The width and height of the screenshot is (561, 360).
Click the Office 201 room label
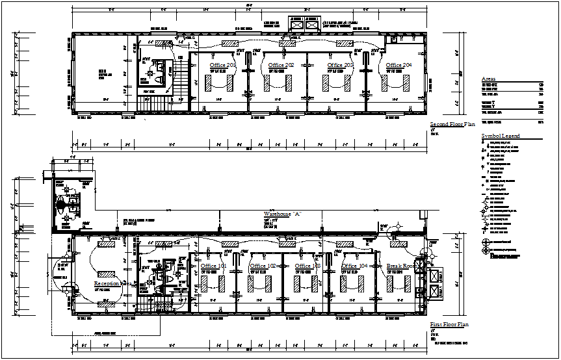coord(223,66)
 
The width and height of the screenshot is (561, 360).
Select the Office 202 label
coord(281,66)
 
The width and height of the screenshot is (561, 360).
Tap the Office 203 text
coord(340,66)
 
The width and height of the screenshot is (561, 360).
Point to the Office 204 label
coord(398,66)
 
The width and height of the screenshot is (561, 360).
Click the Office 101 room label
coord(214,266)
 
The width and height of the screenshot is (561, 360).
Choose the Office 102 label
coord(263,266)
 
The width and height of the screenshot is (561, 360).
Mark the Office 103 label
coord(307,266)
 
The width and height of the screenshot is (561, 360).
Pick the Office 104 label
coord(354,266)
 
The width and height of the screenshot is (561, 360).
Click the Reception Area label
coord(112,284)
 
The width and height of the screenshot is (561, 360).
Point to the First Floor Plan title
coord(449,324)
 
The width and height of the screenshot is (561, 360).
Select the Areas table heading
coord(488,78)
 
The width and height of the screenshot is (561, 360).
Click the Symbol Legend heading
coord(500,136)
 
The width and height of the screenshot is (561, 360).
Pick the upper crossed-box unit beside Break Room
coord(435,275)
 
